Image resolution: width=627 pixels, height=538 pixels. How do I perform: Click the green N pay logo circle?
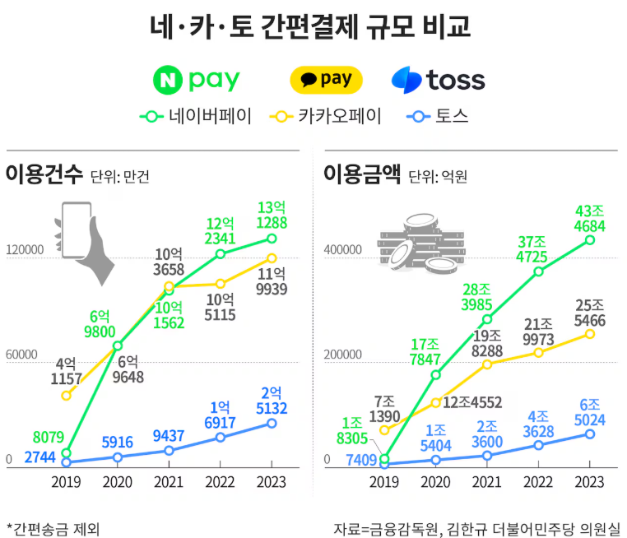(x=168, y=80)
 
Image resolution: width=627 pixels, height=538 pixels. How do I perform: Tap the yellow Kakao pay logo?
(x=327, y=80)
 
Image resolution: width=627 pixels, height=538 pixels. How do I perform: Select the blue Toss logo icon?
(x=406, y=80)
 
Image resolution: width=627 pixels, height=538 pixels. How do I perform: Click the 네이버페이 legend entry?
(x=196, y=116)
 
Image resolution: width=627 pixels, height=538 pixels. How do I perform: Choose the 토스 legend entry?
(x=438, y=116)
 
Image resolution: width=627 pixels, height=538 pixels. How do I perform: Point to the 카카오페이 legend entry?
(x=326, y=116)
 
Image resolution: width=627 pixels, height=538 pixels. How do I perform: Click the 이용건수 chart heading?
(x=44, y=174)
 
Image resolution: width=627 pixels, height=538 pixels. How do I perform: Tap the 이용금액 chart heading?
(x=362, y=174)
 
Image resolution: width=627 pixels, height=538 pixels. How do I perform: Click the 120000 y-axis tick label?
(x=25, y=250)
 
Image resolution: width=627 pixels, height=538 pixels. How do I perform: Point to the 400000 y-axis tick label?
(x=342, y=250)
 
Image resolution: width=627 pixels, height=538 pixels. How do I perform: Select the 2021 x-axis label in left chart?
(x=169, y=482)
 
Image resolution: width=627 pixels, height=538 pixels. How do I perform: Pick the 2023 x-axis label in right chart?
(x=589, y=482)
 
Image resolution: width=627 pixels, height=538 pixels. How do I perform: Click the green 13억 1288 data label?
(x=272, y=215)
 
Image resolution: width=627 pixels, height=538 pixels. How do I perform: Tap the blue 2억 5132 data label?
(x=272, y=401)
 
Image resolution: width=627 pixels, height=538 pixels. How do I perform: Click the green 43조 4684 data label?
(x=590, y=218)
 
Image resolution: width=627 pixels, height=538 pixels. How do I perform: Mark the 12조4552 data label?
(x=472, y=402)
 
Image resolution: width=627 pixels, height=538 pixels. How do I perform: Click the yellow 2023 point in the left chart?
(x=272, y=258)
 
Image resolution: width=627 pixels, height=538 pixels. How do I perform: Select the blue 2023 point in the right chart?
(x=590, y=434)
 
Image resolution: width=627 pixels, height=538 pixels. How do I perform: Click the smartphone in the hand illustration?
(x=77, y=230)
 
